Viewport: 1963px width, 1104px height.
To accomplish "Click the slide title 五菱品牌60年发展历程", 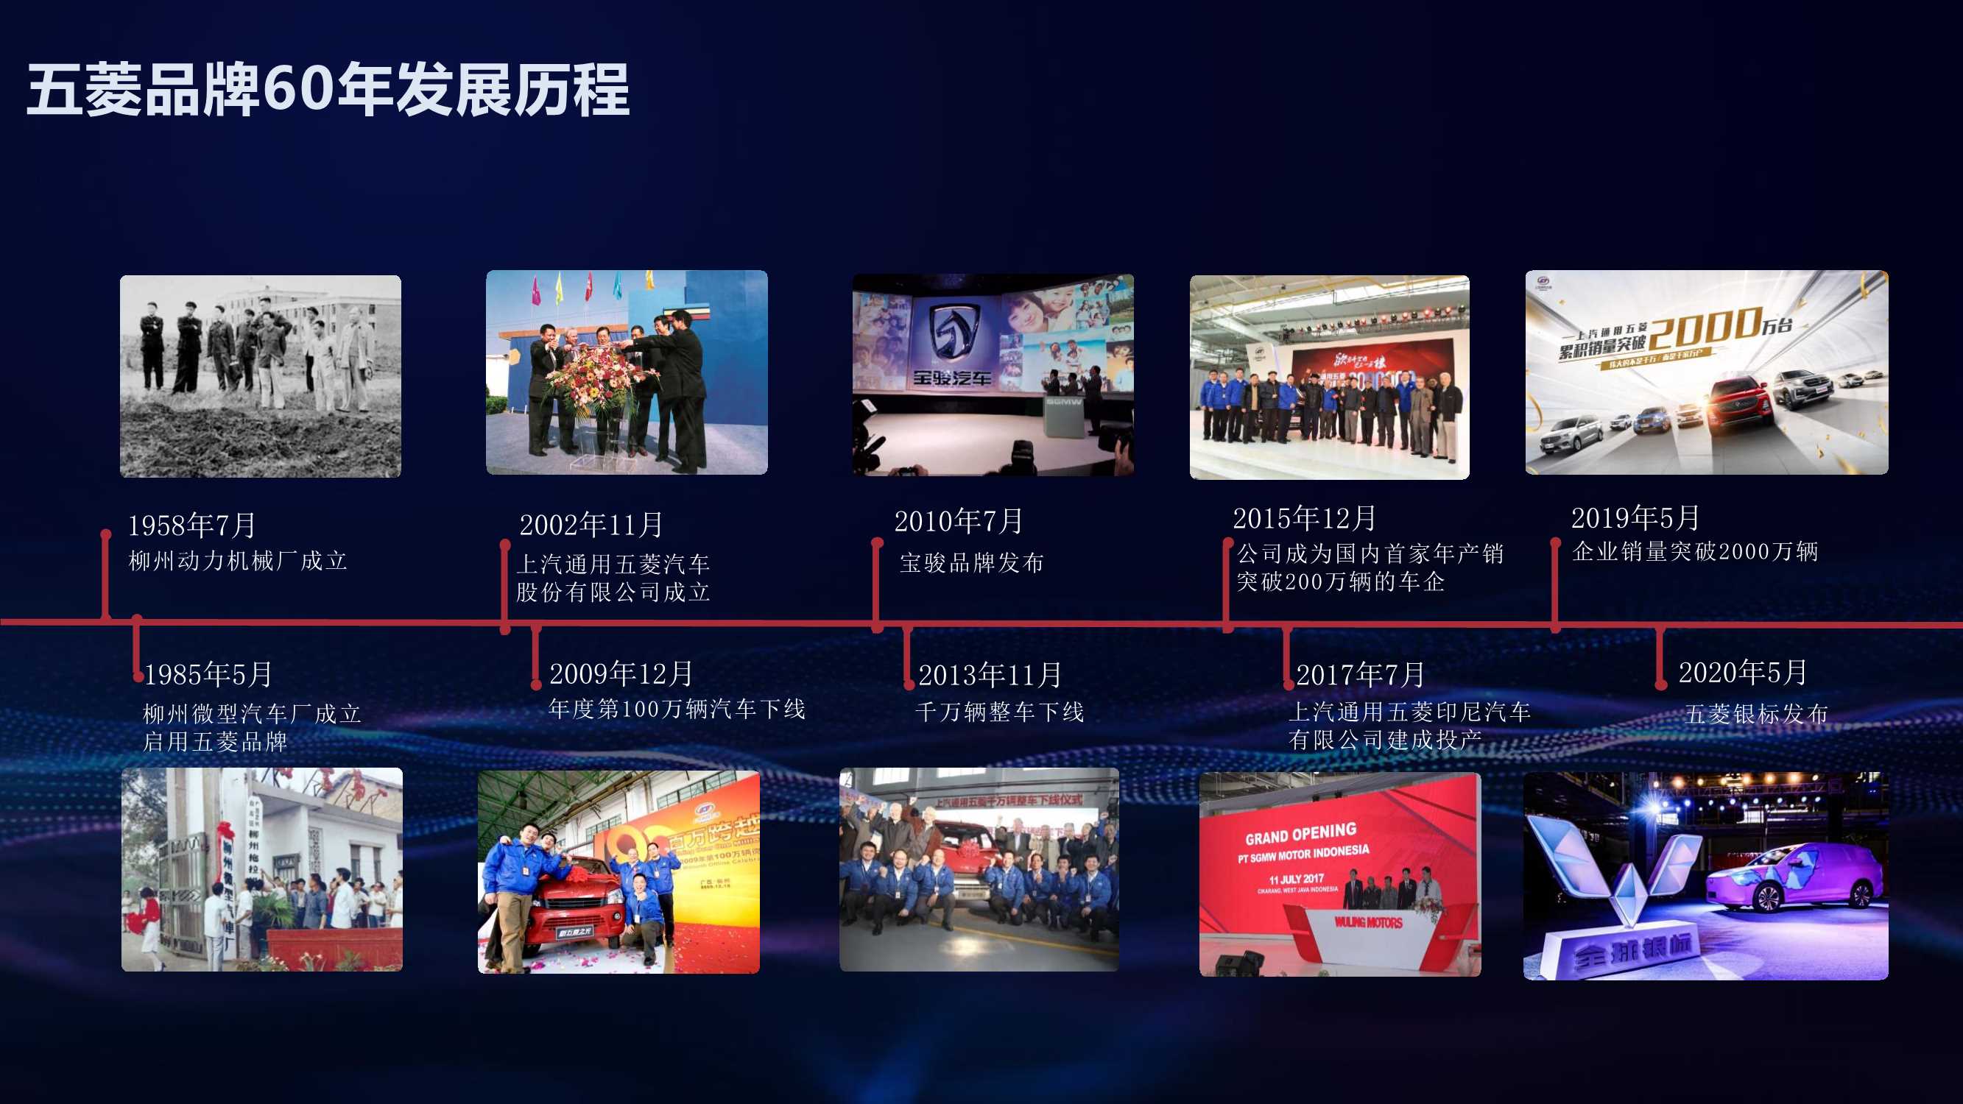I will click(x=328, y=90).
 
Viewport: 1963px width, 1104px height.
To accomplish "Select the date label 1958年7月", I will click(x=191, y=525).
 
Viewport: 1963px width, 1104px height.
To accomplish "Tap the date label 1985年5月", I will click(x=208, y=674).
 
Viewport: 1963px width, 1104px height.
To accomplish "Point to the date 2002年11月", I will click(x=591, y=524).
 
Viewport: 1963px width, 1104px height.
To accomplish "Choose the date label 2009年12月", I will click(x=620, y=673).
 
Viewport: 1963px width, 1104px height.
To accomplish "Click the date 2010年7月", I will click(x=958, y=521).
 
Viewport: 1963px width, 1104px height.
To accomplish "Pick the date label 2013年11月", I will click(x=989, y=675).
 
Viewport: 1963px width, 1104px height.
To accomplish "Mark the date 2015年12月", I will click(x=1304, y=518).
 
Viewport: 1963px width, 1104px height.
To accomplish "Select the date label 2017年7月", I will click(x=1359, y=674).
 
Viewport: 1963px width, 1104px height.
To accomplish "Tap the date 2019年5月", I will click(x=1635, y=518).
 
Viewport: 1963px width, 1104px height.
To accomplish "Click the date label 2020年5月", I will click(x=1742, y=672).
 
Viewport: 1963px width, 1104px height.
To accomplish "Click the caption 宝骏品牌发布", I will click(x=972, y=563).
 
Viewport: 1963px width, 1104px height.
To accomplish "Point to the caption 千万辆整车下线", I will click(x=999, y=712).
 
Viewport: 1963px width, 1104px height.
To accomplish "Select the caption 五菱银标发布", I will click(x=1755, y=714).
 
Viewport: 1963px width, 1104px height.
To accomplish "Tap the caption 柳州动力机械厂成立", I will click(x=238, y=561).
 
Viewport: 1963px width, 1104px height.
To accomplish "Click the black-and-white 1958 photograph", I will click(x=261, y=376).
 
